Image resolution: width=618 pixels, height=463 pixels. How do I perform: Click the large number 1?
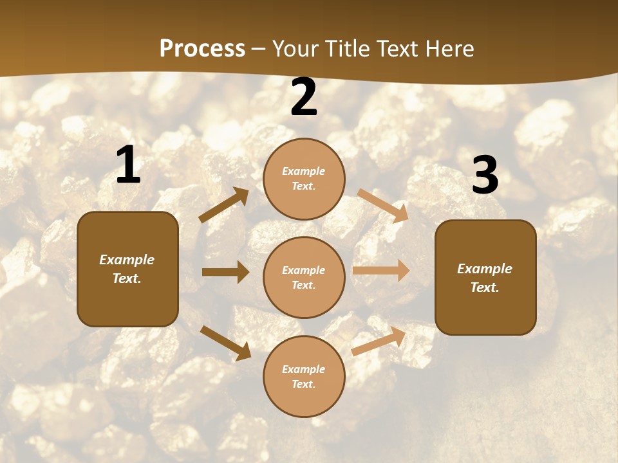click(128, 165)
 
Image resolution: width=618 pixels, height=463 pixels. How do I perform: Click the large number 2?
click(304, 98)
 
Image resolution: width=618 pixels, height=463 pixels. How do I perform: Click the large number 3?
click(485, 175)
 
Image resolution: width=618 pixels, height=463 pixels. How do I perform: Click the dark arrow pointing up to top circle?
click(224, 205)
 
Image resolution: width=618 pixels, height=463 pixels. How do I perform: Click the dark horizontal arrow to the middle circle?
click(225, 272)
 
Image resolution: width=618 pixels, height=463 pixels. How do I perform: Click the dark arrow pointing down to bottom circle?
click(225, 342)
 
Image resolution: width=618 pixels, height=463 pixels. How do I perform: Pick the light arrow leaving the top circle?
click(383, 205)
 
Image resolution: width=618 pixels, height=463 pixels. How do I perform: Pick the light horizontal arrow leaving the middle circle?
click(381, 270)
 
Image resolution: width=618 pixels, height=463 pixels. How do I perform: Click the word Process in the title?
click(202, 48)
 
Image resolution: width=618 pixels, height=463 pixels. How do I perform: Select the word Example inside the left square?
click(127, 260)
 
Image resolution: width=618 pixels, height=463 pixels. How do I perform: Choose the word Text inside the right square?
click(485, 287)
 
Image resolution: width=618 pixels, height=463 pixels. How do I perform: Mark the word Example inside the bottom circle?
click(304, 369)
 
